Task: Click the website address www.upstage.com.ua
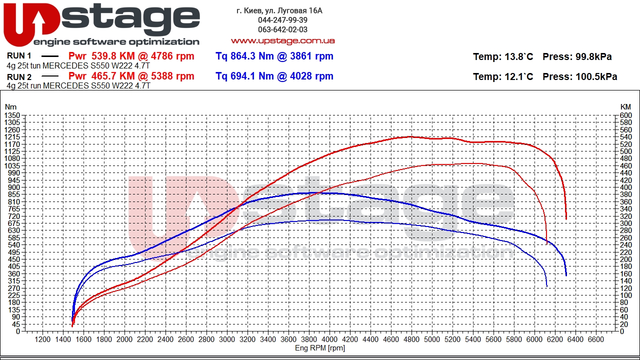tap(282, 40)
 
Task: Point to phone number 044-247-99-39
tap(282, 20)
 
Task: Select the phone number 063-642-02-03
tap(282, 29)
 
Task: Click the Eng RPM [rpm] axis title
tap(320, 348)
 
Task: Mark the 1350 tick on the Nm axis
tap(12, 115)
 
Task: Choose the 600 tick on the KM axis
tap(625, 115)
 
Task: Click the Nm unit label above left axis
tap(10, 107)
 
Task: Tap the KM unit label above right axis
tap(625, 107)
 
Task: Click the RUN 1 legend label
tap(19, 56)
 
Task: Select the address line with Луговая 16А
tap(279, 10)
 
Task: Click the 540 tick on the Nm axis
tap(13, 245)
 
